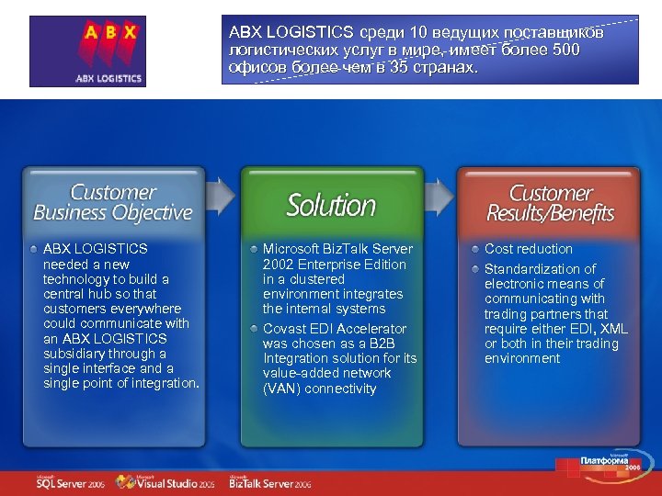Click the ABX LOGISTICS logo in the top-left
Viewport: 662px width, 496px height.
pos(87,51)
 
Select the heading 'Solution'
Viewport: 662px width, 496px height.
pos(331,205)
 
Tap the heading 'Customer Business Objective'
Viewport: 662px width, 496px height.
pos(113,202)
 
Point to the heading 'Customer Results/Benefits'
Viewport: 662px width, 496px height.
pos(550,203)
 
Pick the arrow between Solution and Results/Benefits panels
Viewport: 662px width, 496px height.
pos(440,195)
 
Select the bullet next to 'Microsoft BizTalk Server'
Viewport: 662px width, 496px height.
pos(253,249)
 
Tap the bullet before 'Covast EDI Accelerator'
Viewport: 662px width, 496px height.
pos(253,328)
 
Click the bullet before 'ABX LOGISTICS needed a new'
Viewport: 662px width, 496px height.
pos(33,248)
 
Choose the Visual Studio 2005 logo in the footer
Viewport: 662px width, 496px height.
pos(171,481)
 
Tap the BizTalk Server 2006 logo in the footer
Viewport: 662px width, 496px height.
pos(270,481)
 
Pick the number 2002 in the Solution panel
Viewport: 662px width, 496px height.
pos(280,265)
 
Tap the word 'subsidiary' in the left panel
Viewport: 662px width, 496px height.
pos(73,353)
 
